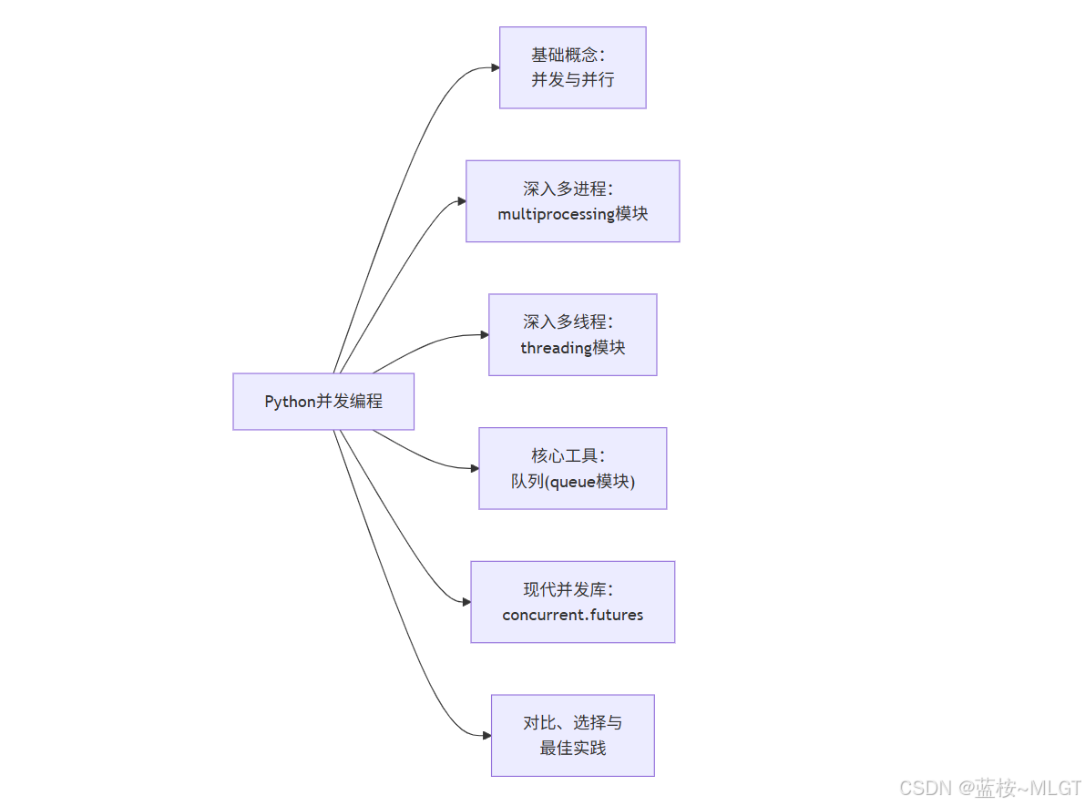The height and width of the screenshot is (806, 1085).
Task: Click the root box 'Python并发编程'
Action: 323,402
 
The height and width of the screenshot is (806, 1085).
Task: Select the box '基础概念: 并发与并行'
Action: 572,67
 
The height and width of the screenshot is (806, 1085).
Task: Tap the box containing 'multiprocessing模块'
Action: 572,201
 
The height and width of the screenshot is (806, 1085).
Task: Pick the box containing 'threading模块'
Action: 572,334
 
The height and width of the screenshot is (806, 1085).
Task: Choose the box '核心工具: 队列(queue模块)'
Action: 572,468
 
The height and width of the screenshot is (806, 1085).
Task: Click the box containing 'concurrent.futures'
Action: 572,602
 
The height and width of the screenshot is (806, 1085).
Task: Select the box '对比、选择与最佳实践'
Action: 572,736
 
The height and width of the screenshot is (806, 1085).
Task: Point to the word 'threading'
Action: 556,348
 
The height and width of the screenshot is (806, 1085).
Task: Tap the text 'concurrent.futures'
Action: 572,615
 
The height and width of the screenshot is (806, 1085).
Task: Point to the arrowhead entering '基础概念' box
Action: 495,67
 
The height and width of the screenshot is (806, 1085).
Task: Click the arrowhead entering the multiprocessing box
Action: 461,201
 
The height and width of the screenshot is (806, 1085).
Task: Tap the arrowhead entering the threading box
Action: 484,335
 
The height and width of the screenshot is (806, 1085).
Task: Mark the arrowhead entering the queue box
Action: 474,468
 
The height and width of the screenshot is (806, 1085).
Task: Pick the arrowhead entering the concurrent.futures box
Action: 466,602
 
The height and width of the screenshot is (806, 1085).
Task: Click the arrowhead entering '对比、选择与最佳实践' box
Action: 486,736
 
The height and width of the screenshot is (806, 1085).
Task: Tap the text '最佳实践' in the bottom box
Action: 572,749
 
